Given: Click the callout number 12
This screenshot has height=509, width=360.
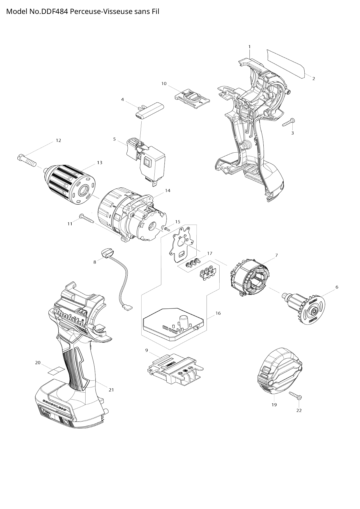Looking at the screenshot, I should click(x=58, y=140).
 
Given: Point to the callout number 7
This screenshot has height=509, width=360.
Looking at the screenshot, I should click(x=276, y=255).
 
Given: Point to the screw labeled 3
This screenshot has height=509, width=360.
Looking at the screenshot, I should click(x=288, y=122).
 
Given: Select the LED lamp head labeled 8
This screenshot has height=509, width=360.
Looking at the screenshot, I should click(x=107, y=252).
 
